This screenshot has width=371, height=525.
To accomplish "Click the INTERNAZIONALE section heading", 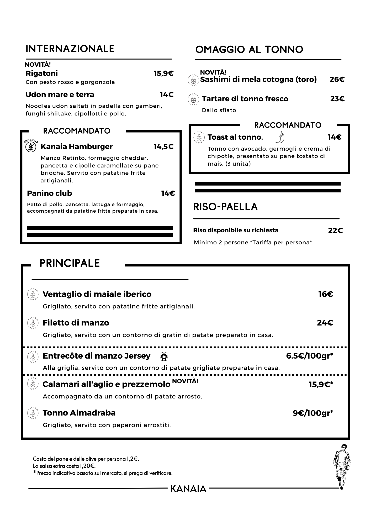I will pos(70,49).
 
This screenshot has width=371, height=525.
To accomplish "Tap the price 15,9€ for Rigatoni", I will pos(163,73).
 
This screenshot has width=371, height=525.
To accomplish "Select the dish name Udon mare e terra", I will pos(60,94).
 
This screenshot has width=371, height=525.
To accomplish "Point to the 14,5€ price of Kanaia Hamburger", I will pos(163,146).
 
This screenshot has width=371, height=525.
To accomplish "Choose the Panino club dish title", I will pos(49,193).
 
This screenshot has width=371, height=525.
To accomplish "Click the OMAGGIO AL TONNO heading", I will pos(249,49).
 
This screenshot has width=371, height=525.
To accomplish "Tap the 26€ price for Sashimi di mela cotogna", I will pos(337,79).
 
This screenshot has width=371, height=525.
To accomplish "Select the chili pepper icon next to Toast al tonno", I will pos(280,137).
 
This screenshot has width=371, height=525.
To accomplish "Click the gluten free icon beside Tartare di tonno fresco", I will pos(194,99).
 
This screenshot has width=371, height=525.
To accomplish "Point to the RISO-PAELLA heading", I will pos(225,207).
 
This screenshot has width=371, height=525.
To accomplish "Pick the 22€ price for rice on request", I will pos(335,230).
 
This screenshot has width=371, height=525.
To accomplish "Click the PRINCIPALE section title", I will pos(70,263).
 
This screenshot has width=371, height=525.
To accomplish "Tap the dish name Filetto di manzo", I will pos(76,323).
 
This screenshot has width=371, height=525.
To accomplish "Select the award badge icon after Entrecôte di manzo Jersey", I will pos(164,356).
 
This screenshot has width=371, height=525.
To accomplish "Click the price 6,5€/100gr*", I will pos(309,356).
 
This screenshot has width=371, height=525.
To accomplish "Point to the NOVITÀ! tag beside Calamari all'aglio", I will pos(185,381).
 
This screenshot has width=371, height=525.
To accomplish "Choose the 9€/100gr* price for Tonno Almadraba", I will pos(313,413).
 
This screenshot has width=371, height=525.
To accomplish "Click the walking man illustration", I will pos(342,466).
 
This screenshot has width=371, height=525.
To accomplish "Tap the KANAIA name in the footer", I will pos(188,489).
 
